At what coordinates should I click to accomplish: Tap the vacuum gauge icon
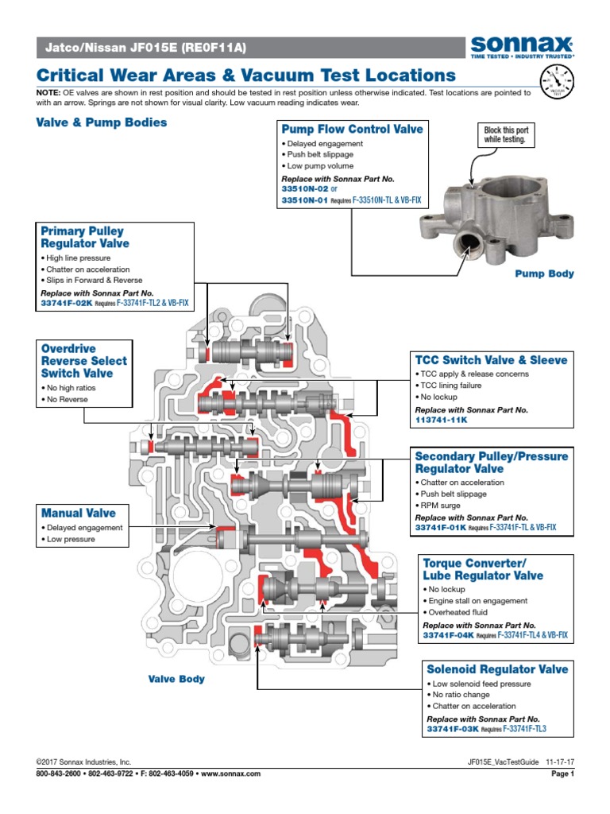pos(555,80)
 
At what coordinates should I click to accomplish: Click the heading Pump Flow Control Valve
pos(351,129)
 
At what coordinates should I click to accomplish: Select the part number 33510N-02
pos(306,190)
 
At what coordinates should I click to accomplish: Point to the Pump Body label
pos(544,273)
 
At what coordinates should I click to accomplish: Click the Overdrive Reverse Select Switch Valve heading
pos(83,361)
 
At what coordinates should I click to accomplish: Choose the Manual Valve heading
pos(79,514)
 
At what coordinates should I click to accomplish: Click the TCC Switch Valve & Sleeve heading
pos(492,360)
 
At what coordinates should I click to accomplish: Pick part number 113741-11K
pos(442,419)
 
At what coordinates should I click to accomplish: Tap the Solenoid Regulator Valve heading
pos(497,669)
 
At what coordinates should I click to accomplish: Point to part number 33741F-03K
pos(451,729)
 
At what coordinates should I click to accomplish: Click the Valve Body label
pos(176,679)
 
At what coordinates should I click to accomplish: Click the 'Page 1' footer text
pos(562,773)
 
